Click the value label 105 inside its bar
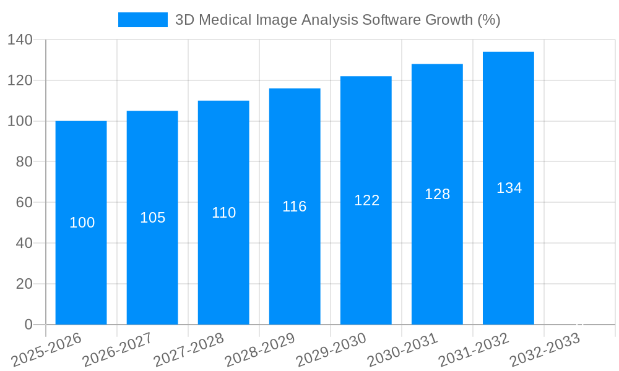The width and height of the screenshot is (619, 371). tap(153, 218)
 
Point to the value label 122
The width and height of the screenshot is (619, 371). tap(366, 200)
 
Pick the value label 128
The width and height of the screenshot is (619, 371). tap(437, 194)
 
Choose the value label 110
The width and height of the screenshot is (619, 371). tap(224, 213)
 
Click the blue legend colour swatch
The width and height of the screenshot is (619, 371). tap(143, 20)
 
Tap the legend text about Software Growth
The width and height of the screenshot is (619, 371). tap(338, 20)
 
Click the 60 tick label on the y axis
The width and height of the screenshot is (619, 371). tap(24, 202)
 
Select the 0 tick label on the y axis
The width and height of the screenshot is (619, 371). tap(28, 325)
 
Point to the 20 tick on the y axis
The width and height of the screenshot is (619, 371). tap(24, 284)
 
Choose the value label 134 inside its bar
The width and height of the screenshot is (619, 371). tap(509, 188)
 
